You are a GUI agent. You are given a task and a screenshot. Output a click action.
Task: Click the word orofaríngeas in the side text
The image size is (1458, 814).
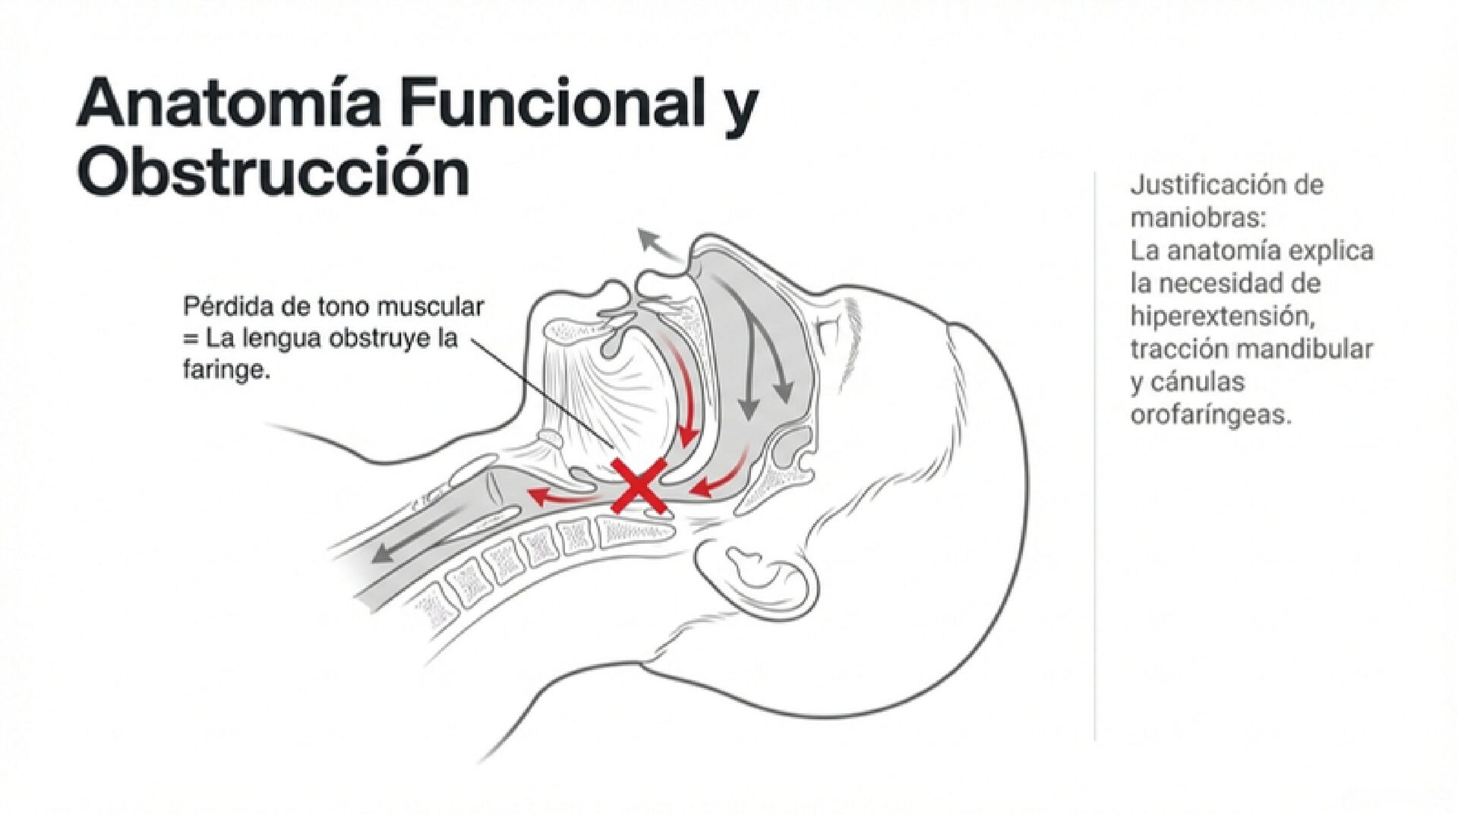tap(1210, 415)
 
